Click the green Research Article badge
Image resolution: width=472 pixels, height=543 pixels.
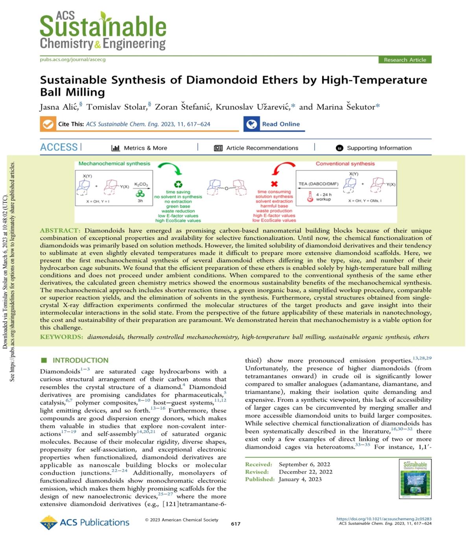click(x=405, y=60)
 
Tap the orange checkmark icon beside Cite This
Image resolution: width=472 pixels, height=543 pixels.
click(x=48, y=124)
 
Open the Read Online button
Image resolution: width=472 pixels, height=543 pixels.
click(x=274, y=124)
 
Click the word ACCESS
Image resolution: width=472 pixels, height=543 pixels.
click(x=59, y=147)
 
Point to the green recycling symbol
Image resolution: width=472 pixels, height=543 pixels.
click(x=178, y=184)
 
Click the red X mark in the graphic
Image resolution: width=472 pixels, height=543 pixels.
click(x=274, y=184)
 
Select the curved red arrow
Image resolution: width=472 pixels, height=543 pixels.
click(x=283, y=169)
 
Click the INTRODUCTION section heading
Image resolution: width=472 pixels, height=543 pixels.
click(x=80, y=360)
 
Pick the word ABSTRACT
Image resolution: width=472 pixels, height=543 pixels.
click(x=60, y=230)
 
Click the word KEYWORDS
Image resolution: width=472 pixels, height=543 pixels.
click(x=61, y=337)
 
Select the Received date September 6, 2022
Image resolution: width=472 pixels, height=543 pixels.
click(x=304, y=464)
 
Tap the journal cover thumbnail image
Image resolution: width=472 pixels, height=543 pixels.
click(x=415, y=479)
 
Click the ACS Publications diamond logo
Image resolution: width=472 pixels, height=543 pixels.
click(x=49, y=523)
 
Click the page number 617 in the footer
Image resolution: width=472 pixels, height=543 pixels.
click(x=236, y=524)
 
